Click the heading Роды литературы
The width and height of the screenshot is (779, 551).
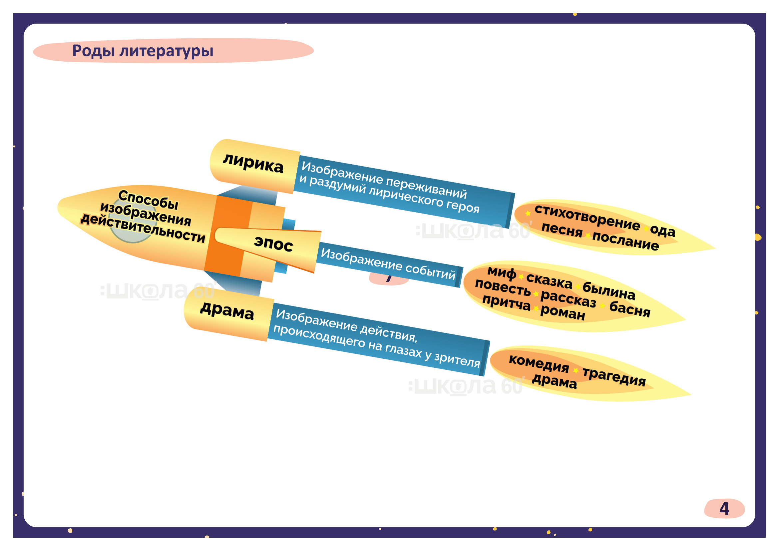pos(143,51)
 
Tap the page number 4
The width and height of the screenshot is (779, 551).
pos(724,509)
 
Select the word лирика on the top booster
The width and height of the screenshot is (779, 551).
pos(253,164)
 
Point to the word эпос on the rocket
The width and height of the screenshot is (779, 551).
pos(273,244)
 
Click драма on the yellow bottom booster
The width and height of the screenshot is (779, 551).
pos(227,311)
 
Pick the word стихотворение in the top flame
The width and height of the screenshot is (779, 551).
pos(587,217)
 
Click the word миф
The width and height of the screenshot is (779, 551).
pos(502,272)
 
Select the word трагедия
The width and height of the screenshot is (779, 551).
pos(614,376)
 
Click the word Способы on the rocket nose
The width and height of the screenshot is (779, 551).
pos(148,200)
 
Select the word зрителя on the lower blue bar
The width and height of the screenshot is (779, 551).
pos(457,359)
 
